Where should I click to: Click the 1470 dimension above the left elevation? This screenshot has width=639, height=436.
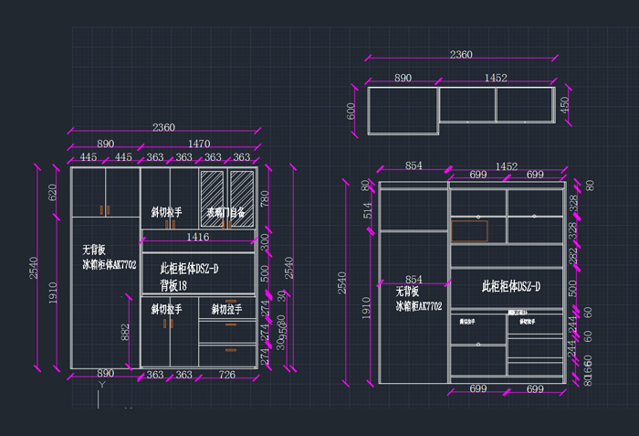coord(199,144)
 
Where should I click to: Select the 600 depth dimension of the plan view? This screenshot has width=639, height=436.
coord(351,111)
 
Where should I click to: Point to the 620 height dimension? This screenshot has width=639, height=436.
coord(52,192)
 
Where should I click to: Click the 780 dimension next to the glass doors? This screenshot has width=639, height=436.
coord(265,198)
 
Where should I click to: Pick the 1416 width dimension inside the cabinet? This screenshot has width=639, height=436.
coord(198,237)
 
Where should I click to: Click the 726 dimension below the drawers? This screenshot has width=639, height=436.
coord(227,375)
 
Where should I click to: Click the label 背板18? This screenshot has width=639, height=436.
coord(173,285)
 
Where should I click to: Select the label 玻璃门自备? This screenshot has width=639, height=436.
coord(226,212)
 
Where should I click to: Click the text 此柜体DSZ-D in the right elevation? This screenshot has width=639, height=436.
coord(511,286)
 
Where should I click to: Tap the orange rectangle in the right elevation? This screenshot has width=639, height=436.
coord(469,231)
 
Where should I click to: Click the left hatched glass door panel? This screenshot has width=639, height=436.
coord(212,192)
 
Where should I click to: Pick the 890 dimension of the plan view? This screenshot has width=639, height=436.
coord(403,79)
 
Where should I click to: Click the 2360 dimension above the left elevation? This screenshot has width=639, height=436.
coord(163,126)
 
